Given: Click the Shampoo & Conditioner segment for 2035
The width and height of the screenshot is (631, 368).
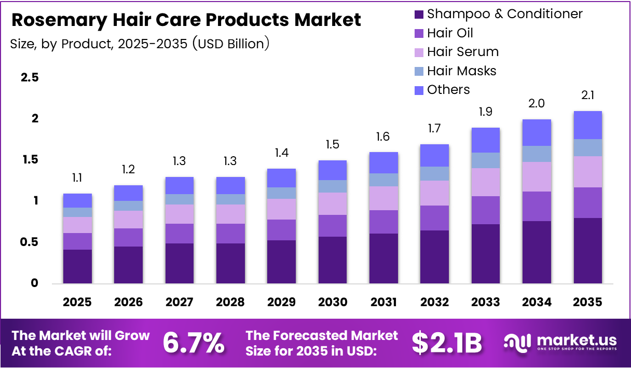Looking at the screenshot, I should pyautogui.click(x=587, y=250).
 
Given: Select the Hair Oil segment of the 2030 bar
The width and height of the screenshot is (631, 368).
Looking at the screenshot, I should pyautogui.click(x=332, y=226).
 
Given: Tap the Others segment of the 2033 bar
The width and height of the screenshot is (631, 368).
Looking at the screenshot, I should pyautogui.click(x=485, y=140).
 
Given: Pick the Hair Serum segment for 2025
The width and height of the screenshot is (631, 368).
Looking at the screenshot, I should pyautogui.click(x=77, y=225).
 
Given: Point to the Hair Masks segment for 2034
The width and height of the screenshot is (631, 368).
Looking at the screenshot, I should pyautogui.click(x=537, y=154).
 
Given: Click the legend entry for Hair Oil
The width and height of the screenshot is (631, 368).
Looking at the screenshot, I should pyautogui.click(x=450, y=33).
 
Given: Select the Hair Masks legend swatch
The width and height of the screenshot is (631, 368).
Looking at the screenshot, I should pyautogui.click(x=419, y=71).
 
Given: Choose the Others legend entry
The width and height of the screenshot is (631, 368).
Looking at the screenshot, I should pyautogui.click(x=448, y=90).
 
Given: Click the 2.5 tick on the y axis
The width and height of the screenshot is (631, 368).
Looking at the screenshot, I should pyautogui.click(x=30, y=78).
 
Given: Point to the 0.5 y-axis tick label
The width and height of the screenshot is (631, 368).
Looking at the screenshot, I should pyautogui.click(x=30, y=242).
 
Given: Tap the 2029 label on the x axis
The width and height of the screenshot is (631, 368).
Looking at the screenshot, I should pyautogui.click(x=281, y=302).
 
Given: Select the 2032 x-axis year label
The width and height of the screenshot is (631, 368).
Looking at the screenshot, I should pyautogui.click(x=434, y=302).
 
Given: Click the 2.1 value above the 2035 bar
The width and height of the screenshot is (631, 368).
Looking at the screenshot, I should pyautogui.click(x=587, y=96).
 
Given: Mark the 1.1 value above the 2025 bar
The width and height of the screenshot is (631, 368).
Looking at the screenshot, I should pyautogui.click(x=77, y=178).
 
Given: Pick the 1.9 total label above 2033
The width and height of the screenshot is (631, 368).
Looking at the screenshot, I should pyautogui.click(x=485, y=112).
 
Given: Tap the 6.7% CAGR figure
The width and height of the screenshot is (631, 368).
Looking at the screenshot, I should pyautogui.click(x=194, y=343).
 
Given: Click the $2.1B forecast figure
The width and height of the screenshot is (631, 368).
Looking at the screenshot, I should pyautogui.click(x=447, y=343).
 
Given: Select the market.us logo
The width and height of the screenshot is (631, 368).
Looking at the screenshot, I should pyautogui.click(x=560, y=343).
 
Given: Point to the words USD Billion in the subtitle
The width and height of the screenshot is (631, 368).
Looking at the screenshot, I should pyautogui.click(x=231, y=44).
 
